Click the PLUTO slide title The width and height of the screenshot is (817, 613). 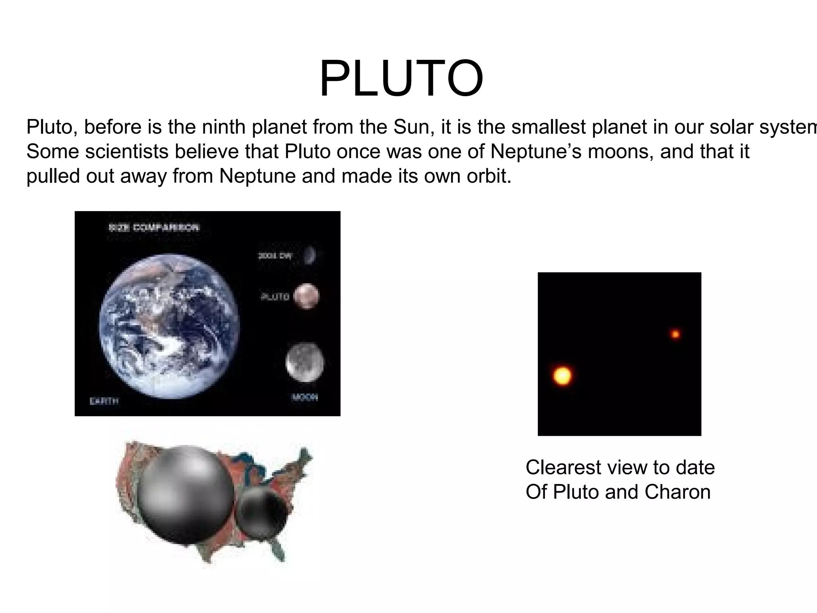(401, 79)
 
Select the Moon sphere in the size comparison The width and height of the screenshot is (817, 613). (305, 362)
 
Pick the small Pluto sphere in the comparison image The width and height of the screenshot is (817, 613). (306, 296)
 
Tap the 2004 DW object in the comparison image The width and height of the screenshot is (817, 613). (310, 255)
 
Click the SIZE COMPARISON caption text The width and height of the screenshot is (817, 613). (154, 228)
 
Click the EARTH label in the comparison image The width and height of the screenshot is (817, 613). (104, 401)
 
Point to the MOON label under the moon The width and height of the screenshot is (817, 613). (305, 397)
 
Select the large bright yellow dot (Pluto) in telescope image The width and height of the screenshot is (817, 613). (562, 376)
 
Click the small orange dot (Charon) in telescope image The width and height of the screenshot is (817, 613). (675, 334)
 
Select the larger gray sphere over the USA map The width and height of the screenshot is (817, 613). (187, 494)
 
